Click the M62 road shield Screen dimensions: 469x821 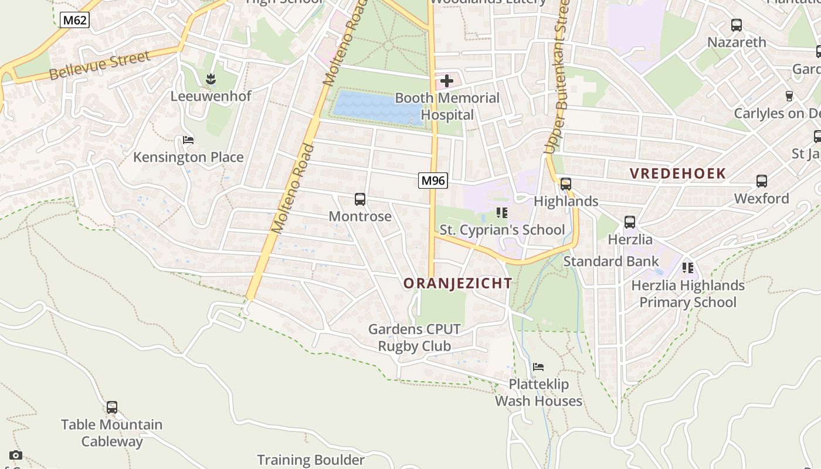(x=74, y=21)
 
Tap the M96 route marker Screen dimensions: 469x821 (x=433, y=181)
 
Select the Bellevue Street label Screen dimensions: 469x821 (x=99, y=65)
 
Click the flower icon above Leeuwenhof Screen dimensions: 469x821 (x=211, y=79)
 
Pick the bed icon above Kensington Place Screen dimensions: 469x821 (x=188, y=140)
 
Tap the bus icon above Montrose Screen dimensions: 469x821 (x=360, y=199)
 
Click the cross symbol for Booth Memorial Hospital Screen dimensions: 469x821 (x=447, y=81)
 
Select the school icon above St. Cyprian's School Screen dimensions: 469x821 (x=501, y=212)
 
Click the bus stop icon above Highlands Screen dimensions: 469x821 (x=566, y=184)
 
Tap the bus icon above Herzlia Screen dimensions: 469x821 (x=630, y=222)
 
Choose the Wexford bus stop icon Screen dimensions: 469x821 (x=762, y=181)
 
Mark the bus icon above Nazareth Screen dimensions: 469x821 (x=737, y=25)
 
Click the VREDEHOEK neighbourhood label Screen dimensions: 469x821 (x=678, y=174)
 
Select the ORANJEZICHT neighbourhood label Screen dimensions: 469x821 (x=457, y=284)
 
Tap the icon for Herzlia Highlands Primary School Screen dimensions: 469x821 (x=688, y=268)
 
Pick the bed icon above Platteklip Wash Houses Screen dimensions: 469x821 (x=538, y=367)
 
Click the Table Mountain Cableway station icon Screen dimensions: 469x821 (x=111, y=407)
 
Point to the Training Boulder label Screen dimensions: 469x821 (x=311, y=460)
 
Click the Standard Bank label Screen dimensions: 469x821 (x=610, y=261)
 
